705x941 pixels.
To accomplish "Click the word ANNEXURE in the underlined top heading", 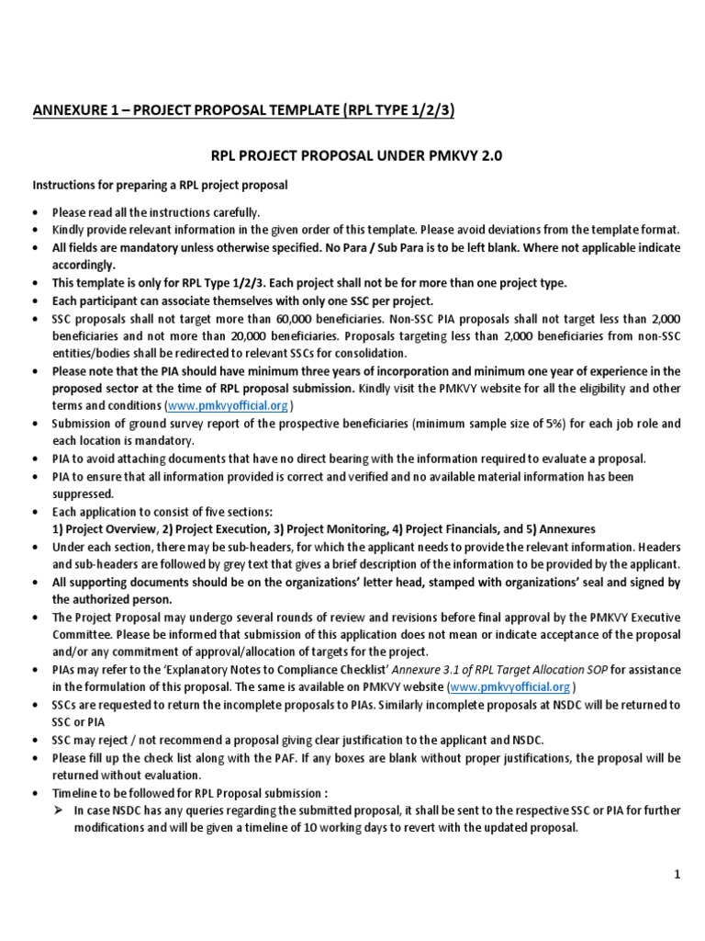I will (69, 112).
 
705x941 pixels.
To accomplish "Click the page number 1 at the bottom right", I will (677, 876).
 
